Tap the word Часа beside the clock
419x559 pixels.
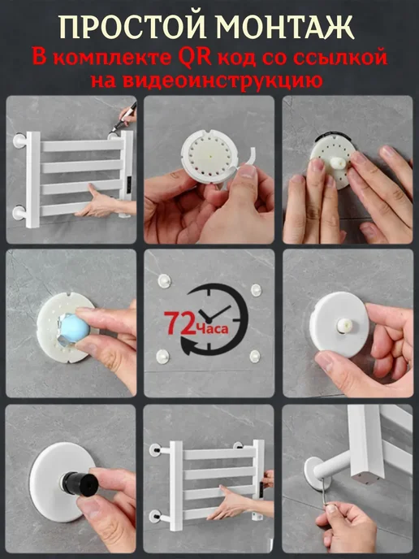pos(211,327)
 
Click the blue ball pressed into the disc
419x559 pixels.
pos(72,328)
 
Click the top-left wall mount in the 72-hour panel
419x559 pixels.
pos(164,281)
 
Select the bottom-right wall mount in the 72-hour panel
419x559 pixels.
pos(255,356)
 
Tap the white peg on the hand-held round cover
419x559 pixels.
pos(344,326)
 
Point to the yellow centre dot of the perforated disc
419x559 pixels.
pos(211,157)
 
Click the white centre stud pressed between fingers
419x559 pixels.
pos(338,163)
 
